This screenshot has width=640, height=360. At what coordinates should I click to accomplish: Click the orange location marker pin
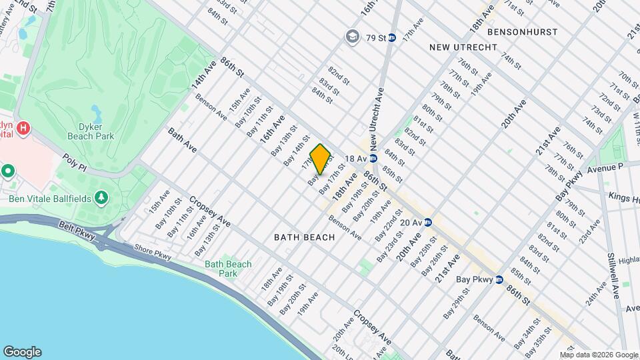pos(321,159)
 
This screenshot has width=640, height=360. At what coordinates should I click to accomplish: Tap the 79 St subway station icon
pos(392,37)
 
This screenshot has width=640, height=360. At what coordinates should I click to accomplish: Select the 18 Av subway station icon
pos(374,159)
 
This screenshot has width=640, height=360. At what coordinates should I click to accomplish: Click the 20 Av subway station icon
pos(428,223)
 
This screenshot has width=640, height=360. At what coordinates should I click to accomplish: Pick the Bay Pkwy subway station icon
pos(499,280)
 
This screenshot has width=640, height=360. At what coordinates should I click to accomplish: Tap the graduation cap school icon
pos(351,37)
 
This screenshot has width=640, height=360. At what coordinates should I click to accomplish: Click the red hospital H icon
pos(23,127)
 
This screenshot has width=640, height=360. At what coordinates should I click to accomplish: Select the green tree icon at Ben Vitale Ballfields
pos(101,197)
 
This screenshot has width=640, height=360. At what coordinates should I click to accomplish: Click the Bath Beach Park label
pos(228,269)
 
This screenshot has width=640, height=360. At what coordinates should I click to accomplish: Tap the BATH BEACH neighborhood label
pos(299,237)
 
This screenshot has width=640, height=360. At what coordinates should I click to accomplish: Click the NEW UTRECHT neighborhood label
pos(463,47)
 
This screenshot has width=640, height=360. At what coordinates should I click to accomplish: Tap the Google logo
pos(22,352)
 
